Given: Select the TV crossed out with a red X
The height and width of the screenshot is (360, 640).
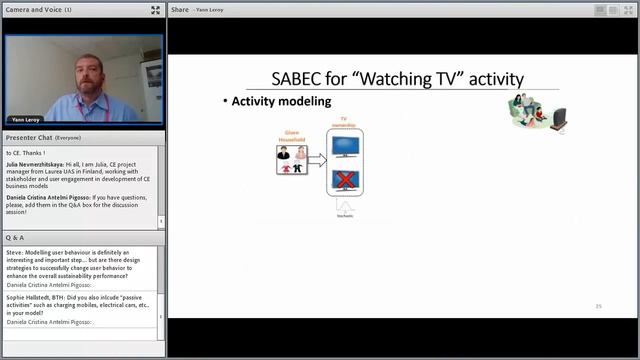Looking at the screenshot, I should click(346, 180).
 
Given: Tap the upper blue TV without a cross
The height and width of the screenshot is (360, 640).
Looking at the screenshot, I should click(346, 146).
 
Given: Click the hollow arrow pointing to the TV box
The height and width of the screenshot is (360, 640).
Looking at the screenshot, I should click(316, 158).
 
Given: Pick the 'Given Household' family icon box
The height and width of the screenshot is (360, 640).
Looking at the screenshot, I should click(291, 159).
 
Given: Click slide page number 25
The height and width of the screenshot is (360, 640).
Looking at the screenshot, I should click(598, 306).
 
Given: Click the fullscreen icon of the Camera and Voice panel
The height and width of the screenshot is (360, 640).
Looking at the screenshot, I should click(155, 10).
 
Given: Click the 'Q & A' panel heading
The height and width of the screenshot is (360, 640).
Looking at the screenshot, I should click(15, 238).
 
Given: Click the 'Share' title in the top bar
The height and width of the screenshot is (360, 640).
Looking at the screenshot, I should click(180, 10).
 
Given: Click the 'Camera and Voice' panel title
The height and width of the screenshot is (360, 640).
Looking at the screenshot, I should click(33, 10).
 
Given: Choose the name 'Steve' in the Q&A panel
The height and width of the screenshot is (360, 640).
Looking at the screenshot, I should click(14, 253).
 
